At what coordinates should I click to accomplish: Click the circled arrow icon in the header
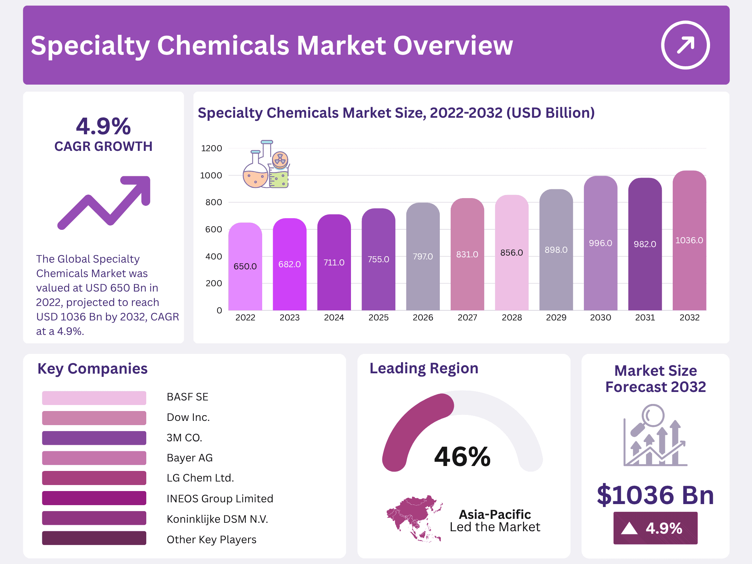point(685,45)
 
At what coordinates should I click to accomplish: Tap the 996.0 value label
point(600,243)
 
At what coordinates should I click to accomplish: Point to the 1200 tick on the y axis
point(211,148)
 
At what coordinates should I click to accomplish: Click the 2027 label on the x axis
point(467,318)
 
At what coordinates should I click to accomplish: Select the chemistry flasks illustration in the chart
point(266,165)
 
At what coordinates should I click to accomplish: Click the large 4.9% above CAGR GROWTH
point(103,126)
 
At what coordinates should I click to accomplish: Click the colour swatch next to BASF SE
point(94,398)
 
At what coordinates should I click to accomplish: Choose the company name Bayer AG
point(190,458)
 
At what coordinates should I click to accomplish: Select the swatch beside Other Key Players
point(94,538)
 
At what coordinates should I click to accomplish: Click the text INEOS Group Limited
point(220,498)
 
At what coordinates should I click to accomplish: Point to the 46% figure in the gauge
point(462,456)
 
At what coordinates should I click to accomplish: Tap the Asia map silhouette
point(414,518)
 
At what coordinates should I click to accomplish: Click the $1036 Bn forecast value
point(655,495)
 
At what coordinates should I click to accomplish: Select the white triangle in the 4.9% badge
point(629,528)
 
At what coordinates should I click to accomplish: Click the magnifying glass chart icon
point(655,435)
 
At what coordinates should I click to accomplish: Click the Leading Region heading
point(424,368)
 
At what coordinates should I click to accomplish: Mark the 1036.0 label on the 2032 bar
point(689,240)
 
